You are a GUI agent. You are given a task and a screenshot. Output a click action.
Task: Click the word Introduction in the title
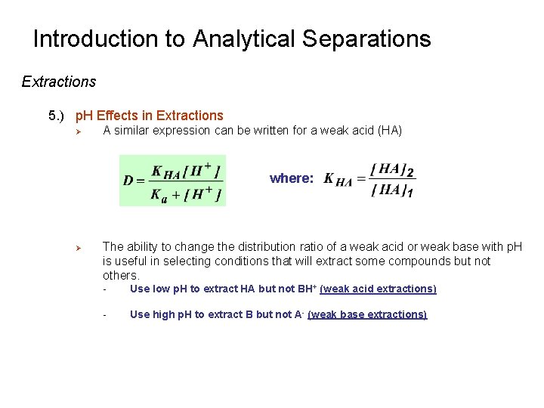109,39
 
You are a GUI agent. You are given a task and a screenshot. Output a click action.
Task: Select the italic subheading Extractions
59,82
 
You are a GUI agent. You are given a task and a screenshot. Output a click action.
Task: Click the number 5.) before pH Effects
57,116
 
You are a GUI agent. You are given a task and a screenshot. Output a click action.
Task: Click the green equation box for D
172,181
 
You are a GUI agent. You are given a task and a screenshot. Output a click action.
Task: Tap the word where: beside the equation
292,178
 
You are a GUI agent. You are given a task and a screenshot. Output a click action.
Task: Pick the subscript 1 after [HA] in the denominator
410,193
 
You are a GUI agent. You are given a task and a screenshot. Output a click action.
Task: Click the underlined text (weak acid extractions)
378,289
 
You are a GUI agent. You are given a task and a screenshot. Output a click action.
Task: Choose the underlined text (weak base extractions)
367,314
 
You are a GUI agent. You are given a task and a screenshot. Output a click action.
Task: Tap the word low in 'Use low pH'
160,289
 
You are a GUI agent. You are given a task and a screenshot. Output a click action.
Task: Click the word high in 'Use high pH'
162,314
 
